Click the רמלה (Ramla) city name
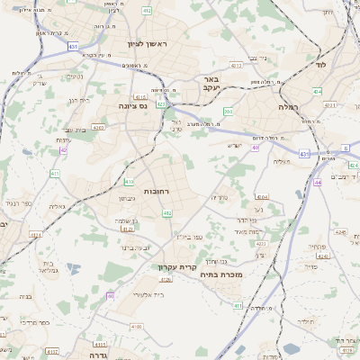click(313, 105)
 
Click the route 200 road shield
click(229, 112)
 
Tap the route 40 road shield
click(255, 148)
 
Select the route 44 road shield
click(318, 182)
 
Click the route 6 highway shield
click(345, 148)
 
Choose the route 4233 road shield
click(259, 244)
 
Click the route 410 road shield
click(129, 181)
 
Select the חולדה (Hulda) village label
click(307, 320)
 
